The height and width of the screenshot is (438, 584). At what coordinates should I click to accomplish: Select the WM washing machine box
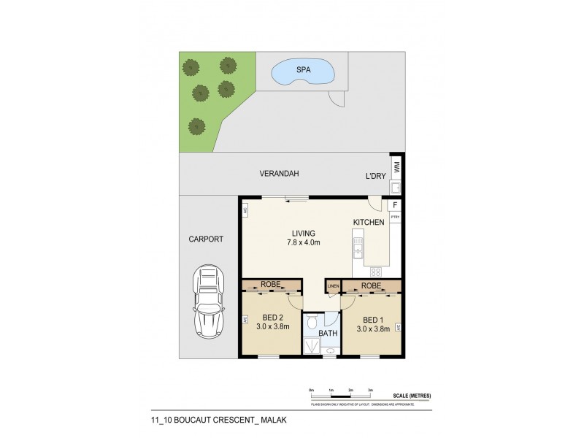[x=396, y=167]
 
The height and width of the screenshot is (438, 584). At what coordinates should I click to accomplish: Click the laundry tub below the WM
[x=396, y=185]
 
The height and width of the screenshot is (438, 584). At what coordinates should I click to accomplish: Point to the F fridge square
[x=395, y=206]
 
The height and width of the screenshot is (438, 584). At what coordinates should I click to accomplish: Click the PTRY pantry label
[x=395, y=217]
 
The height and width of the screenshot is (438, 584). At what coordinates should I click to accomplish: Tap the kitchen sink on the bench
[x=359, y=250]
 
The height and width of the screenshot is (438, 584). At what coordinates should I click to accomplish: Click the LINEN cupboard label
[x=333, y=286]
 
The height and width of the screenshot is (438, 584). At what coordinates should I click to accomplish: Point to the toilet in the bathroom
[x=312, y=322]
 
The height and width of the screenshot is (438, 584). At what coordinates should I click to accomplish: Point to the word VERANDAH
[x=280, y=174]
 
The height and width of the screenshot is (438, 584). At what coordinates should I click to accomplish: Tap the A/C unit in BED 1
[x=399, y=328]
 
